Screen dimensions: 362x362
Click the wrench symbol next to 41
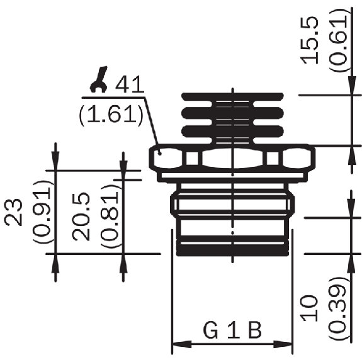pyautogui.click(x=99, y=80)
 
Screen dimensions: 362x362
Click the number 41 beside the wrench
pyautogui.click(x=130, y=84)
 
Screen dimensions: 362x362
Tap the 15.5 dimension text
pyautogui.click(x=310, y=40)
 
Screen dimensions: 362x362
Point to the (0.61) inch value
pyautogui.click(x=338, y=40)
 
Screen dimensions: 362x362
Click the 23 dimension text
pyautogui.click(x=14, y=212)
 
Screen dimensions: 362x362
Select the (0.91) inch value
pyautogui.click(x=42, y=212)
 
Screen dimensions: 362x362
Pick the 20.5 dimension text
pyautogui.click(x=81, y=217)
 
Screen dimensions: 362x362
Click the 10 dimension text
pyautogui.click(x=310, y=308)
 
